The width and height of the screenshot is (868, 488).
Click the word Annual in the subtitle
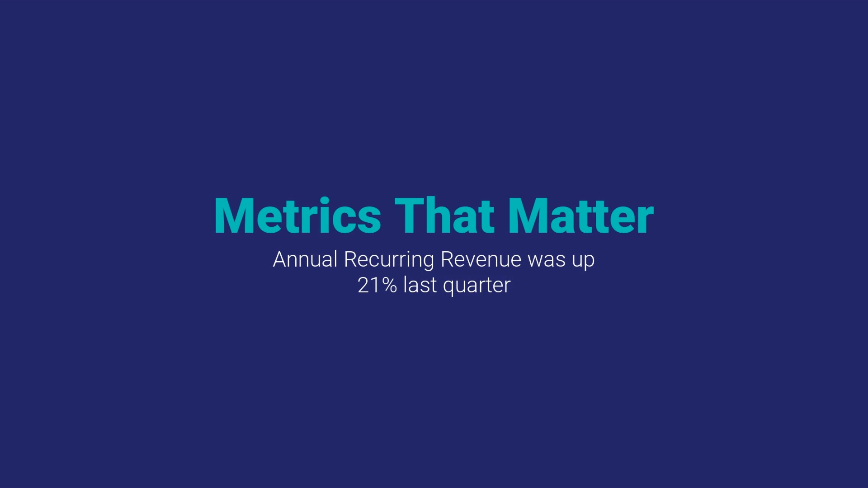(305, 259)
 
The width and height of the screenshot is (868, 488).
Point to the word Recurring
(389, 260)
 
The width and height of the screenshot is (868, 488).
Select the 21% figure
(377, 285)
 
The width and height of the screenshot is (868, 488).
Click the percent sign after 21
(389, 285)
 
